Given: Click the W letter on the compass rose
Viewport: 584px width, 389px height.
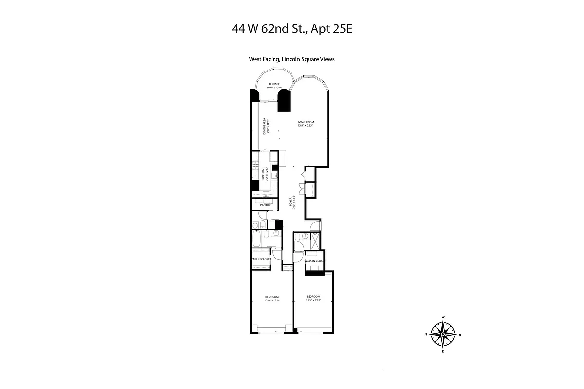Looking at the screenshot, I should pos(443,317).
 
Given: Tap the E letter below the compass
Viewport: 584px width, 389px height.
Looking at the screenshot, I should pos(443,351).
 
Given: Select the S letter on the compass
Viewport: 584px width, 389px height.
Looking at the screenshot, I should pos(426,334).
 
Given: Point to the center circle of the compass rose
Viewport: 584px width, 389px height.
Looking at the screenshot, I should pos(443,334).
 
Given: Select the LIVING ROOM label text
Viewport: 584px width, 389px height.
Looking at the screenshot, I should pos(306,122).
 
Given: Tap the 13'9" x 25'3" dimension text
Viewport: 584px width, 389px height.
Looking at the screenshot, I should pos(306,126).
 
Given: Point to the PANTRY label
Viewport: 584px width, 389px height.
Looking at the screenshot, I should pos(265,205).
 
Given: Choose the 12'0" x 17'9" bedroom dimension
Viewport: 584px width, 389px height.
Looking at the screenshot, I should pos(272,301).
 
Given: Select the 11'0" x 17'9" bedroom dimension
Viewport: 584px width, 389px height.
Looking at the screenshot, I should pos(313,301).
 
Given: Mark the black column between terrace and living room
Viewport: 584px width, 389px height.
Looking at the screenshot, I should pos(284,102).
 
